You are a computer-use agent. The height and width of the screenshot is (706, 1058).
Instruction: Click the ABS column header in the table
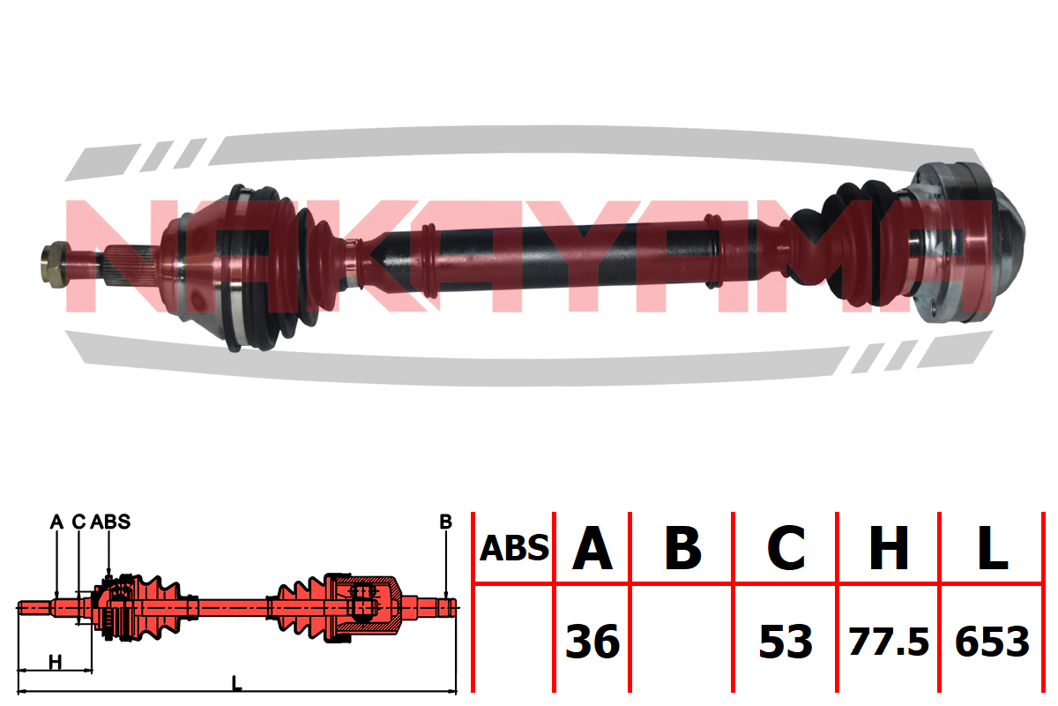point(514,548)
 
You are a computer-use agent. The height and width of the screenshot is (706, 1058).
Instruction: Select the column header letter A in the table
point(592,547)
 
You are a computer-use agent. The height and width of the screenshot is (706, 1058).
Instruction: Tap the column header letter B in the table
point(683,547)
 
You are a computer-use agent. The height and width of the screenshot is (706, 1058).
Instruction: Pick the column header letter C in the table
point(786,547)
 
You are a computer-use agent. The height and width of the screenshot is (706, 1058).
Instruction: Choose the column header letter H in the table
point(889,547)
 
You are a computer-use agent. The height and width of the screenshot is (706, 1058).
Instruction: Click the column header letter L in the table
point(993,547)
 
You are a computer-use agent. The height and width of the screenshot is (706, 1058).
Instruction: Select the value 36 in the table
point(592,642)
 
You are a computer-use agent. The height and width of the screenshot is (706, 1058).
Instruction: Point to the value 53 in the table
point(786,642)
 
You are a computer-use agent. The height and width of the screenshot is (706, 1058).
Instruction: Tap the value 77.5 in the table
point(889,642)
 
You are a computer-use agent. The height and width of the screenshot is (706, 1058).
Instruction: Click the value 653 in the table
point(992,642)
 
